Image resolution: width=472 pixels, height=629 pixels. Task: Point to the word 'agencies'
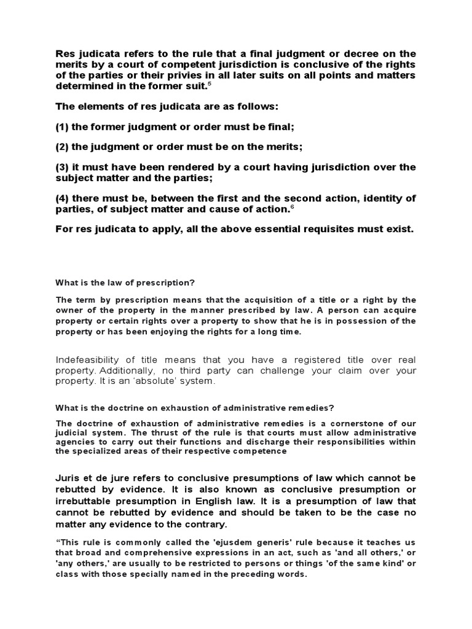pos(75,442)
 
